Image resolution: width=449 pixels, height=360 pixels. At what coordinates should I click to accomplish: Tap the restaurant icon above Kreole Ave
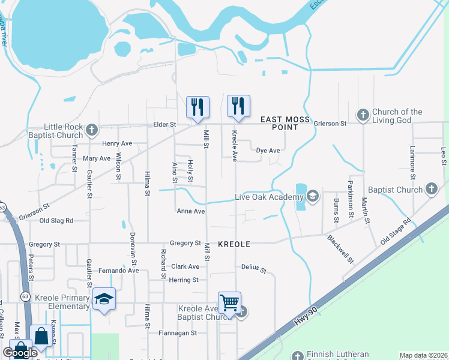click(238, 106)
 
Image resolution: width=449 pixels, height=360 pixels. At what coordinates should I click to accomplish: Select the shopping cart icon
click(230, 303)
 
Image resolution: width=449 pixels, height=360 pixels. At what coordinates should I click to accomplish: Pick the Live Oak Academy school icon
click(312, 196)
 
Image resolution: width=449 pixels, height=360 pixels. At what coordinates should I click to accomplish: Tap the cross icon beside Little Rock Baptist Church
click(91, 130)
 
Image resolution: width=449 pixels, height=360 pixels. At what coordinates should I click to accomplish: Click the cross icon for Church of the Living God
click(363, 114)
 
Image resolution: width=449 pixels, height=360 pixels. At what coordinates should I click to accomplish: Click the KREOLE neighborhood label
click(234, 245)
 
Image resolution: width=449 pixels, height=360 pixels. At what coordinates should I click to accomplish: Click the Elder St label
click(164, 124)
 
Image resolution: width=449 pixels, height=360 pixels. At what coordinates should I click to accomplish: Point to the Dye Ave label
click(268, 151)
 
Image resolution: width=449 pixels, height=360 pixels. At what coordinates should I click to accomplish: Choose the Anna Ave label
click(191, 211)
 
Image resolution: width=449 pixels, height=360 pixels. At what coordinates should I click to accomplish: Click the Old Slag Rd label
click(56, 221)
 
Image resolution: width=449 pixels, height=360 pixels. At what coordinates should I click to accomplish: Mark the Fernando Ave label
click(119, 271)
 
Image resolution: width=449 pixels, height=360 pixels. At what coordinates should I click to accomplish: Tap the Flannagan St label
click(178, 333)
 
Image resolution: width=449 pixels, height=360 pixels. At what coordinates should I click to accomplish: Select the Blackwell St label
click(340, 248)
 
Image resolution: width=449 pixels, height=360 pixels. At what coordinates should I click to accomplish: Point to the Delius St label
click(253, 267)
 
